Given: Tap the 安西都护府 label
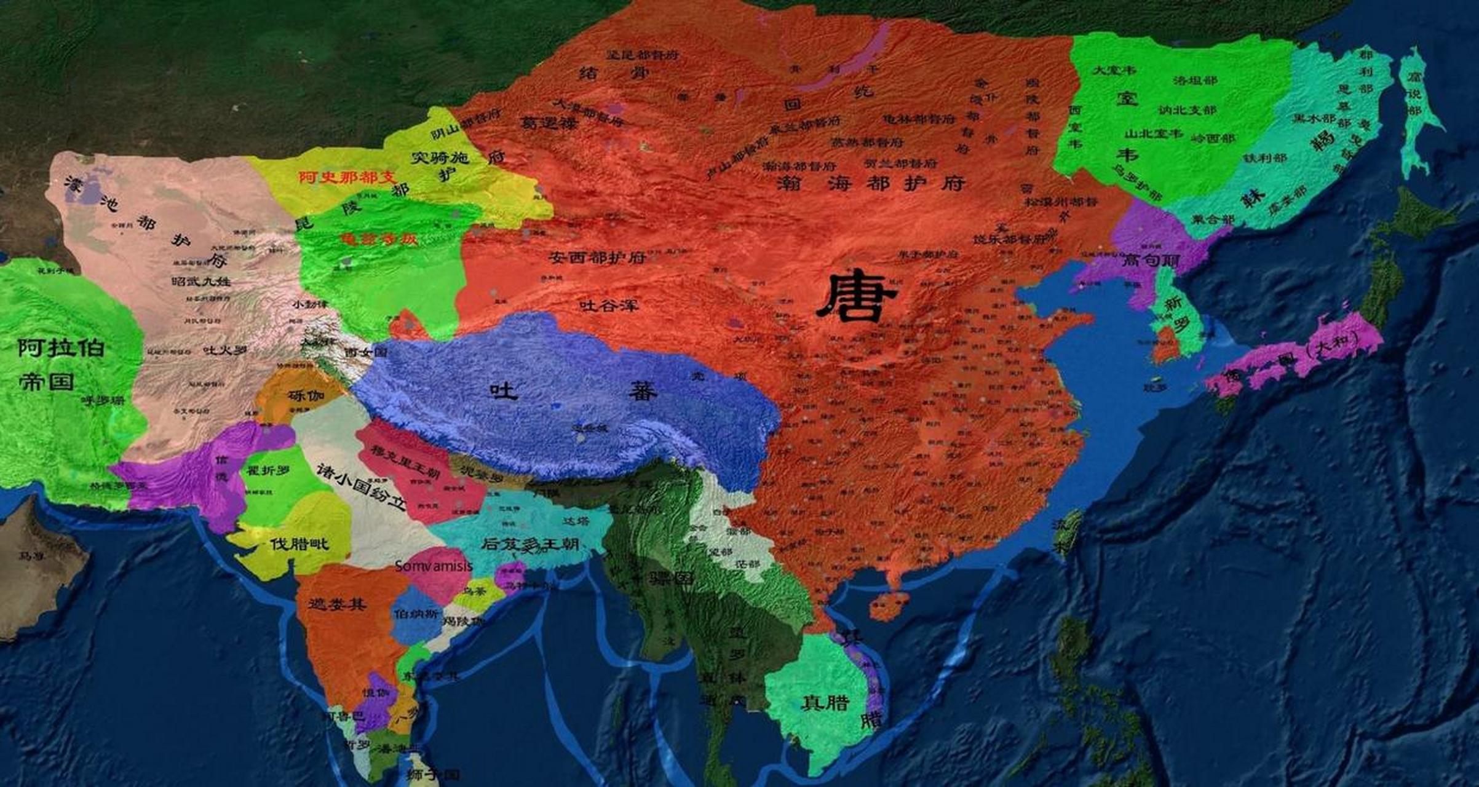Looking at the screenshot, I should coord(597,258).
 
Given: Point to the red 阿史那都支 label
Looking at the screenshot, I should coord(347,178).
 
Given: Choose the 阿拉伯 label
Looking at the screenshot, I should coord(61,348).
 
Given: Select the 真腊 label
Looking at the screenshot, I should coord(825,702).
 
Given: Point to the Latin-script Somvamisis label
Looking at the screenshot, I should coord(434,566).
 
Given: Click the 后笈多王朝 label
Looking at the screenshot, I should coord(531,544).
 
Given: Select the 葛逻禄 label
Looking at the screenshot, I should coord(549,124).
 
